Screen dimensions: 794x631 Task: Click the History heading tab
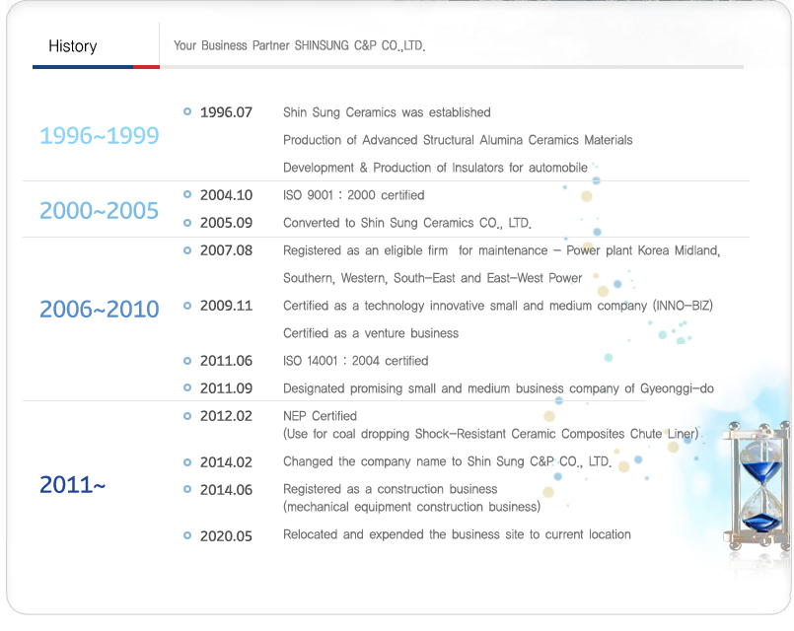coord(73,46)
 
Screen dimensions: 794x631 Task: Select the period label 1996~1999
coord(100,136)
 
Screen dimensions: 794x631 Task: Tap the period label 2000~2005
coord(100,211)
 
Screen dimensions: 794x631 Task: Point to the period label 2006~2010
coord(100,310)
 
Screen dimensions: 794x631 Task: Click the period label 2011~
coord(72,485)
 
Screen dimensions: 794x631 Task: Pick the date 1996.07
coord(226,112)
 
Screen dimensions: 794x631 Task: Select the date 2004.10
coord(226,195)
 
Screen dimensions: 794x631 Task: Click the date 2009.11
coord(226,306)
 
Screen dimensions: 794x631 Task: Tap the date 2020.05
coord(226,536)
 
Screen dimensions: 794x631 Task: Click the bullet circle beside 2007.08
coord(187,250)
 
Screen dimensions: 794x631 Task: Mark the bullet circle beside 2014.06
coord(187,489)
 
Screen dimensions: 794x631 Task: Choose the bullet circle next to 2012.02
coord(187,415)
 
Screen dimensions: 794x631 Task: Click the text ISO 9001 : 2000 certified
coord(353,195)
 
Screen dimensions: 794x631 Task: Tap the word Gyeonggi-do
coord(677,388)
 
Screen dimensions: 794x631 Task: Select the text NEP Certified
coord(320,416)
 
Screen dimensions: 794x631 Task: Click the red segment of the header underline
coord(146,67)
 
